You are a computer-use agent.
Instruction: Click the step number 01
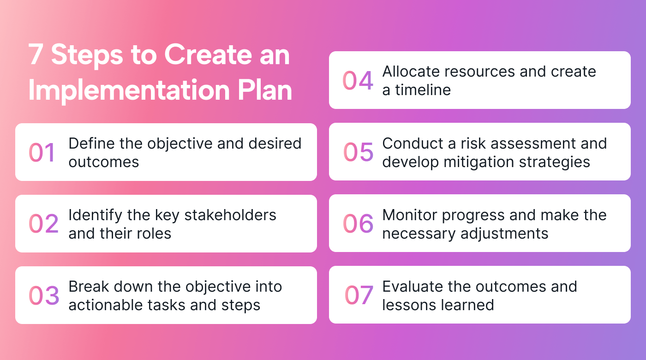pos(42,152)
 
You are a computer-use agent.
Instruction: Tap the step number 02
pos(43,224)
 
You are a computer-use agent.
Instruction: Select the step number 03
pos(44,295)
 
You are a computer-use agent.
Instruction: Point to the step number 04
pos(358,80)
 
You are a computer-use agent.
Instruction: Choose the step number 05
pos(358,152)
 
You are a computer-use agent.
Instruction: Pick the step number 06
pos(358,223)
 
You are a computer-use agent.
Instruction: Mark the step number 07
pos(359,295)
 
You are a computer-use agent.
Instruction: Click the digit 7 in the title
pos(36,55)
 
